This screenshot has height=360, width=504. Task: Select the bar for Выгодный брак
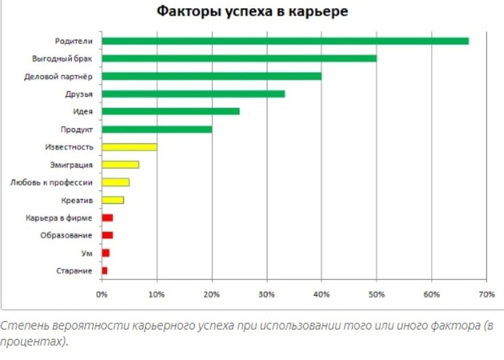tap(238, 59)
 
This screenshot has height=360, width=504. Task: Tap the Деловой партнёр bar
tap(211, 76)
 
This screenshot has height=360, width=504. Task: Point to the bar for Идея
tap(170, 111)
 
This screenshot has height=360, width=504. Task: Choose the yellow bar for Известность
tap(129, 146)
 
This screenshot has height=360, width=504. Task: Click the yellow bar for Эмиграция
tap(120, 164)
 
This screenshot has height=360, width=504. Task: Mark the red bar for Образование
tap(107, 235)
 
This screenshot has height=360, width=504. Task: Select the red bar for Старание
tap(104, 270)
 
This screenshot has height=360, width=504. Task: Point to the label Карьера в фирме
tap(59, 218)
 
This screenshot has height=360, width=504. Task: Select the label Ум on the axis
tap(87, 253)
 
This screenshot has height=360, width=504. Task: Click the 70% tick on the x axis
tap(486, 294)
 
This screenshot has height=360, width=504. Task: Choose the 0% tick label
tap(101, 294)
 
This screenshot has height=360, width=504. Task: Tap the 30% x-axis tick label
tap(266, 294)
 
